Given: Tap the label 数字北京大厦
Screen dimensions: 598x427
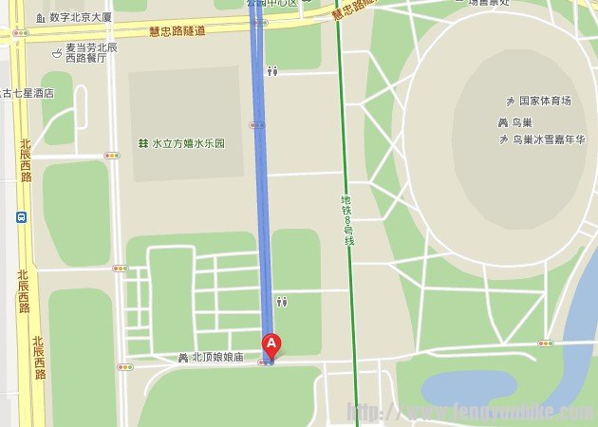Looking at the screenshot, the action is click(81, 17).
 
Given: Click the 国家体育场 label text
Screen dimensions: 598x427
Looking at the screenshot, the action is click(546, 101).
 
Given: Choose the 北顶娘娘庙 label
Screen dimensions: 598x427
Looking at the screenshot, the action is click(217, 358).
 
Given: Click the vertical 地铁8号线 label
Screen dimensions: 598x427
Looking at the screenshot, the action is click(347, 221).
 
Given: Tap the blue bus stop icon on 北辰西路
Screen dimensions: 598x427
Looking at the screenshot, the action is click(21, 216).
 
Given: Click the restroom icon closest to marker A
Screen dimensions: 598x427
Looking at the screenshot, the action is click(282, 302).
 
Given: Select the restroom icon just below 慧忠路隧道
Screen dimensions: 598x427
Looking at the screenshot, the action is click(272, 70).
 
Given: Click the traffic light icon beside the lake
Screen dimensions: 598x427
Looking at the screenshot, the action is click(545, 343).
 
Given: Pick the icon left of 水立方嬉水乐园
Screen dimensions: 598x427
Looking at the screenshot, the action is click(142, 143).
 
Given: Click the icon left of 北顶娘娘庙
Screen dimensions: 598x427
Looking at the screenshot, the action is click(184, 358).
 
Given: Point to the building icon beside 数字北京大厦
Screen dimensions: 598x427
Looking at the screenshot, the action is click(40, 17).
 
